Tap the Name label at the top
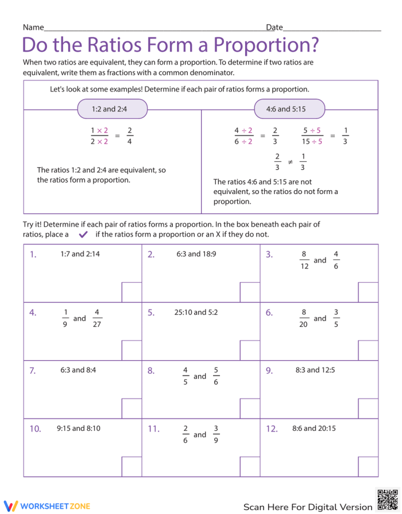pyautogui.click(x=33, y=27)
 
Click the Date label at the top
pyautogui.click(x=274, y=27)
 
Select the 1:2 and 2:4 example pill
pyautogui.click(x=113, y=109)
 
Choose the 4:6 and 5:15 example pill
pyautogui.click(x=289, y=109)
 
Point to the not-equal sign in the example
pyautogui.click(x=290, y=162)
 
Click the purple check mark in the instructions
pyautogui.click(x=83, y=234)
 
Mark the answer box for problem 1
pyautogui.click(x=132, y=292)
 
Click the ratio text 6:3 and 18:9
pyautogui.click(x=196, y=254)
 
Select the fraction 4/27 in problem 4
pyautogui.click(x=97, y=318)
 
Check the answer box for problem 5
pyautogui.click(x=250, y=350)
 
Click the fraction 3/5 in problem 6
pyautogui.click(x=337, y=318)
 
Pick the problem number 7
pyautogui.click(x=33, y=370)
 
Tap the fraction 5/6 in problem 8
pyautogui.click(x=216, y=376)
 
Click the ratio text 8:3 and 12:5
pyautogui.click(x=314, y=370)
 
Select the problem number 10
pyautogui.click(x=35, y=428)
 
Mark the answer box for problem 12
pyautogui.click(x=368, y=466)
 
